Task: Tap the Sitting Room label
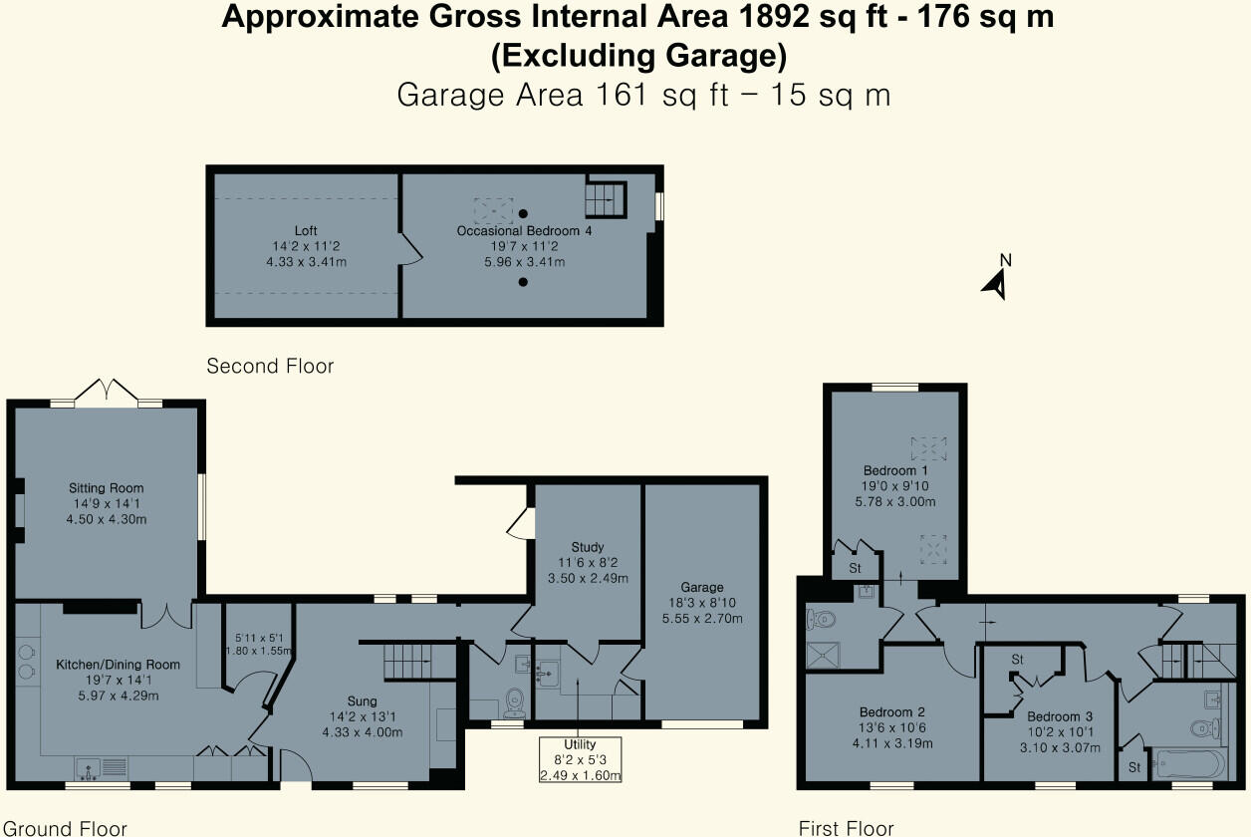coord(106,488)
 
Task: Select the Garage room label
coord(703,587)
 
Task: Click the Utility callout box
coord(580,760)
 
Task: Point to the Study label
coord(588,547)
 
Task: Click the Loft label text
coord(306,231)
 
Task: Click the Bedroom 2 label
coord(892,712)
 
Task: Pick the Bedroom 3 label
coord(1060,716)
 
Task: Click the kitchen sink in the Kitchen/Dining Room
coord(100,767)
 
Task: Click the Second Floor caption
coord(270,367)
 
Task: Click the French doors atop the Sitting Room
coord(108,391)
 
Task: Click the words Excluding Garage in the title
coord(638,57)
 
